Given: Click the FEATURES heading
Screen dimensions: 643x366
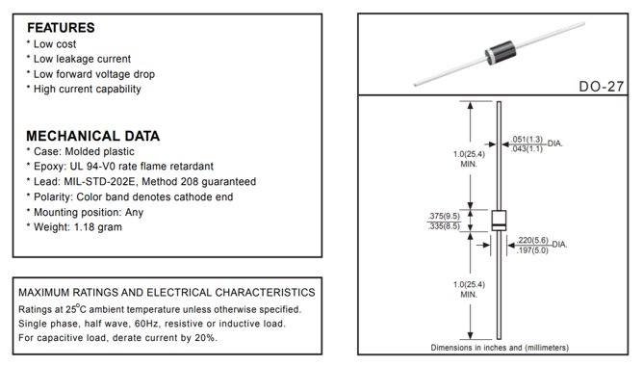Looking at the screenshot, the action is click(61, 28).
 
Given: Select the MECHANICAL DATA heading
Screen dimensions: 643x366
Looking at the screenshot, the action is click(92, 136).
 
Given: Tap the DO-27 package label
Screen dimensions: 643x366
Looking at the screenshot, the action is click(602, 87).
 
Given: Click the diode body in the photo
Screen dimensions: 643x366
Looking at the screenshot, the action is click(500, 53).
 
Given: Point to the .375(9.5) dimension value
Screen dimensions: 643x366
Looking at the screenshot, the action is click(444, 216).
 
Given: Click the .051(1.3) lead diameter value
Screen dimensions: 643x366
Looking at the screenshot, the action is click(527, 140).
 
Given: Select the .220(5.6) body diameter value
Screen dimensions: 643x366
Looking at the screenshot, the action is click(532, 240).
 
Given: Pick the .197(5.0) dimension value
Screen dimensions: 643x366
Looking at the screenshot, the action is click(532, 250).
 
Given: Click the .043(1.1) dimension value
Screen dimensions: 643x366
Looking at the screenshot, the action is click(527, 148).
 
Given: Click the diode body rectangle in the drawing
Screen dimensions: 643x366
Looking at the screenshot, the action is click(499, 221).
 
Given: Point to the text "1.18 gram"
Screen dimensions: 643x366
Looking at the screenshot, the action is click(98, 227).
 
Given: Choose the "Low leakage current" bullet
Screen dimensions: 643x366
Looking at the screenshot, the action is click(82, 59).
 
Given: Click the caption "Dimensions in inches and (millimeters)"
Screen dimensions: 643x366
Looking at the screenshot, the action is click(500, 348).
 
